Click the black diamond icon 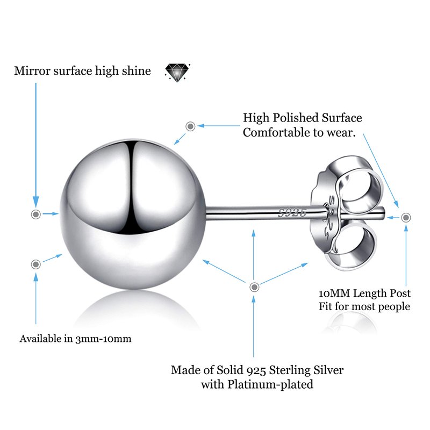pos(177,71)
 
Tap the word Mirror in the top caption pos(31,71)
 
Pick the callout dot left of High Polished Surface pos(190,126)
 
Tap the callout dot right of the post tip pos(406,217)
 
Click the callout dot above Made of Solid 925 pos(254,286)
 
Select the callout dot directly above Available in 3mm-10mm pos(36,264)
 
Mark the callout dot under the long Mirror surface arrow pos(35,214)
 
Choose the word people pos(395,307)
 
